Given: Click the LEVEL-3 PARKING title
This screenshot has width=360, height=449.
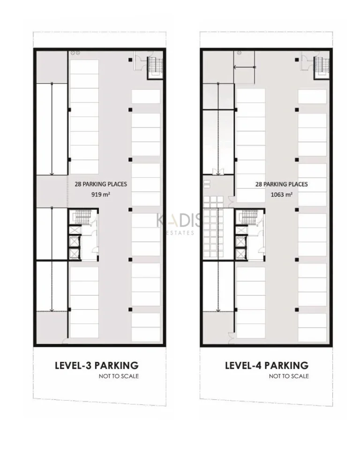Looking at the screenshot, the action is pyautogui.click(x=97, y=366).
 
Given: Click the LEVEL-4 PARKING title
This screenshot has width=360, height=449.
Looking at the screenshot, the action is pyautogui.click(x=267, y=366).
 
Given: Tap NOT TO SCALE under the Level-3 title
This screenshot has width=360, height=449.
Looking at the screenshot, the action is pyautogui.click(x=119, y=376).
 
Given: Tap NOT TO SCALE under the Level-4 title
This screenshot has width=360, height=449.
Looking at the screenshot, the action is pyautogui.click(x=289, y=376).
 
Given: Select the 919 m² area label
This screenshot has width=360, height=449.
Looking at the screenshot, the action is pyautogui.click(x=101, y=194).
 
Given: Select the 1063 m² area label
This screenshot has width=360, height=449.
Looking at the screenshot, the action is pyautogui.click(x=282, y=195).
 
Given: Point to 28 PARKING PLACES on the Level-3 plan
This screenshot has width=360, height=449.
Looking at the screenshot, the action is pyautogui.click(x=101, y=184).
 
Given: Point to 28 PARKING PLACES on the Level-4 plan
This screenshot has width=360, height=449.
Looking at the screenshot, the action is pyautogui.click(x=282, y=184).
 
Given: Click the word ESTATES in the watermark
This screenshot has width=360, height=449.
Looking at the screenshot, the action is pyautogui.click(x=180, y=233).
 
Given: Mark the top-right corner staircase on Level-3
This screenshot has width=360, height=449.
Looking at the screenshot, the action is pyautogui.click(x=156, y=67).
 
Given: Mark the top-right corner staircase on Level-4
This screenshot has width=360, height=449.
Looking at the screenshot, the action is pyautogui.click(x=322, y=67).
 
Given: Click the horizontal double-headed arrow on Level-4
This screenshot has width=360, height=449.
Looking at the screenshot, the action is pyautogui.click(x=245, y=67).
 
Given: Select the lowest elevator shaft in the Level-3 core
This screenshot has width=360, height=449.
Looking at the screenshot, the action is pyautogui.click(x=75, y=254).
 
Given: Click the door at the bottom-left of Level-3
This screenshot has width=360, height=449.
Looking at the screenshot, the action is pyautogui.click(x=65, y=341).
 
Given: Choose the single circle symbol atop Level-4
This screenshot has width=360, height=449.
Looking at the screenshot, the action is pyautogui.click(x=240, y=53).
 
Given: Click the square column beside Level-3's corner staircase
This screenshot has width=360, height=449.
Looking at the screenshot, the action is pyautogui.click(x=130, y=60).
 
